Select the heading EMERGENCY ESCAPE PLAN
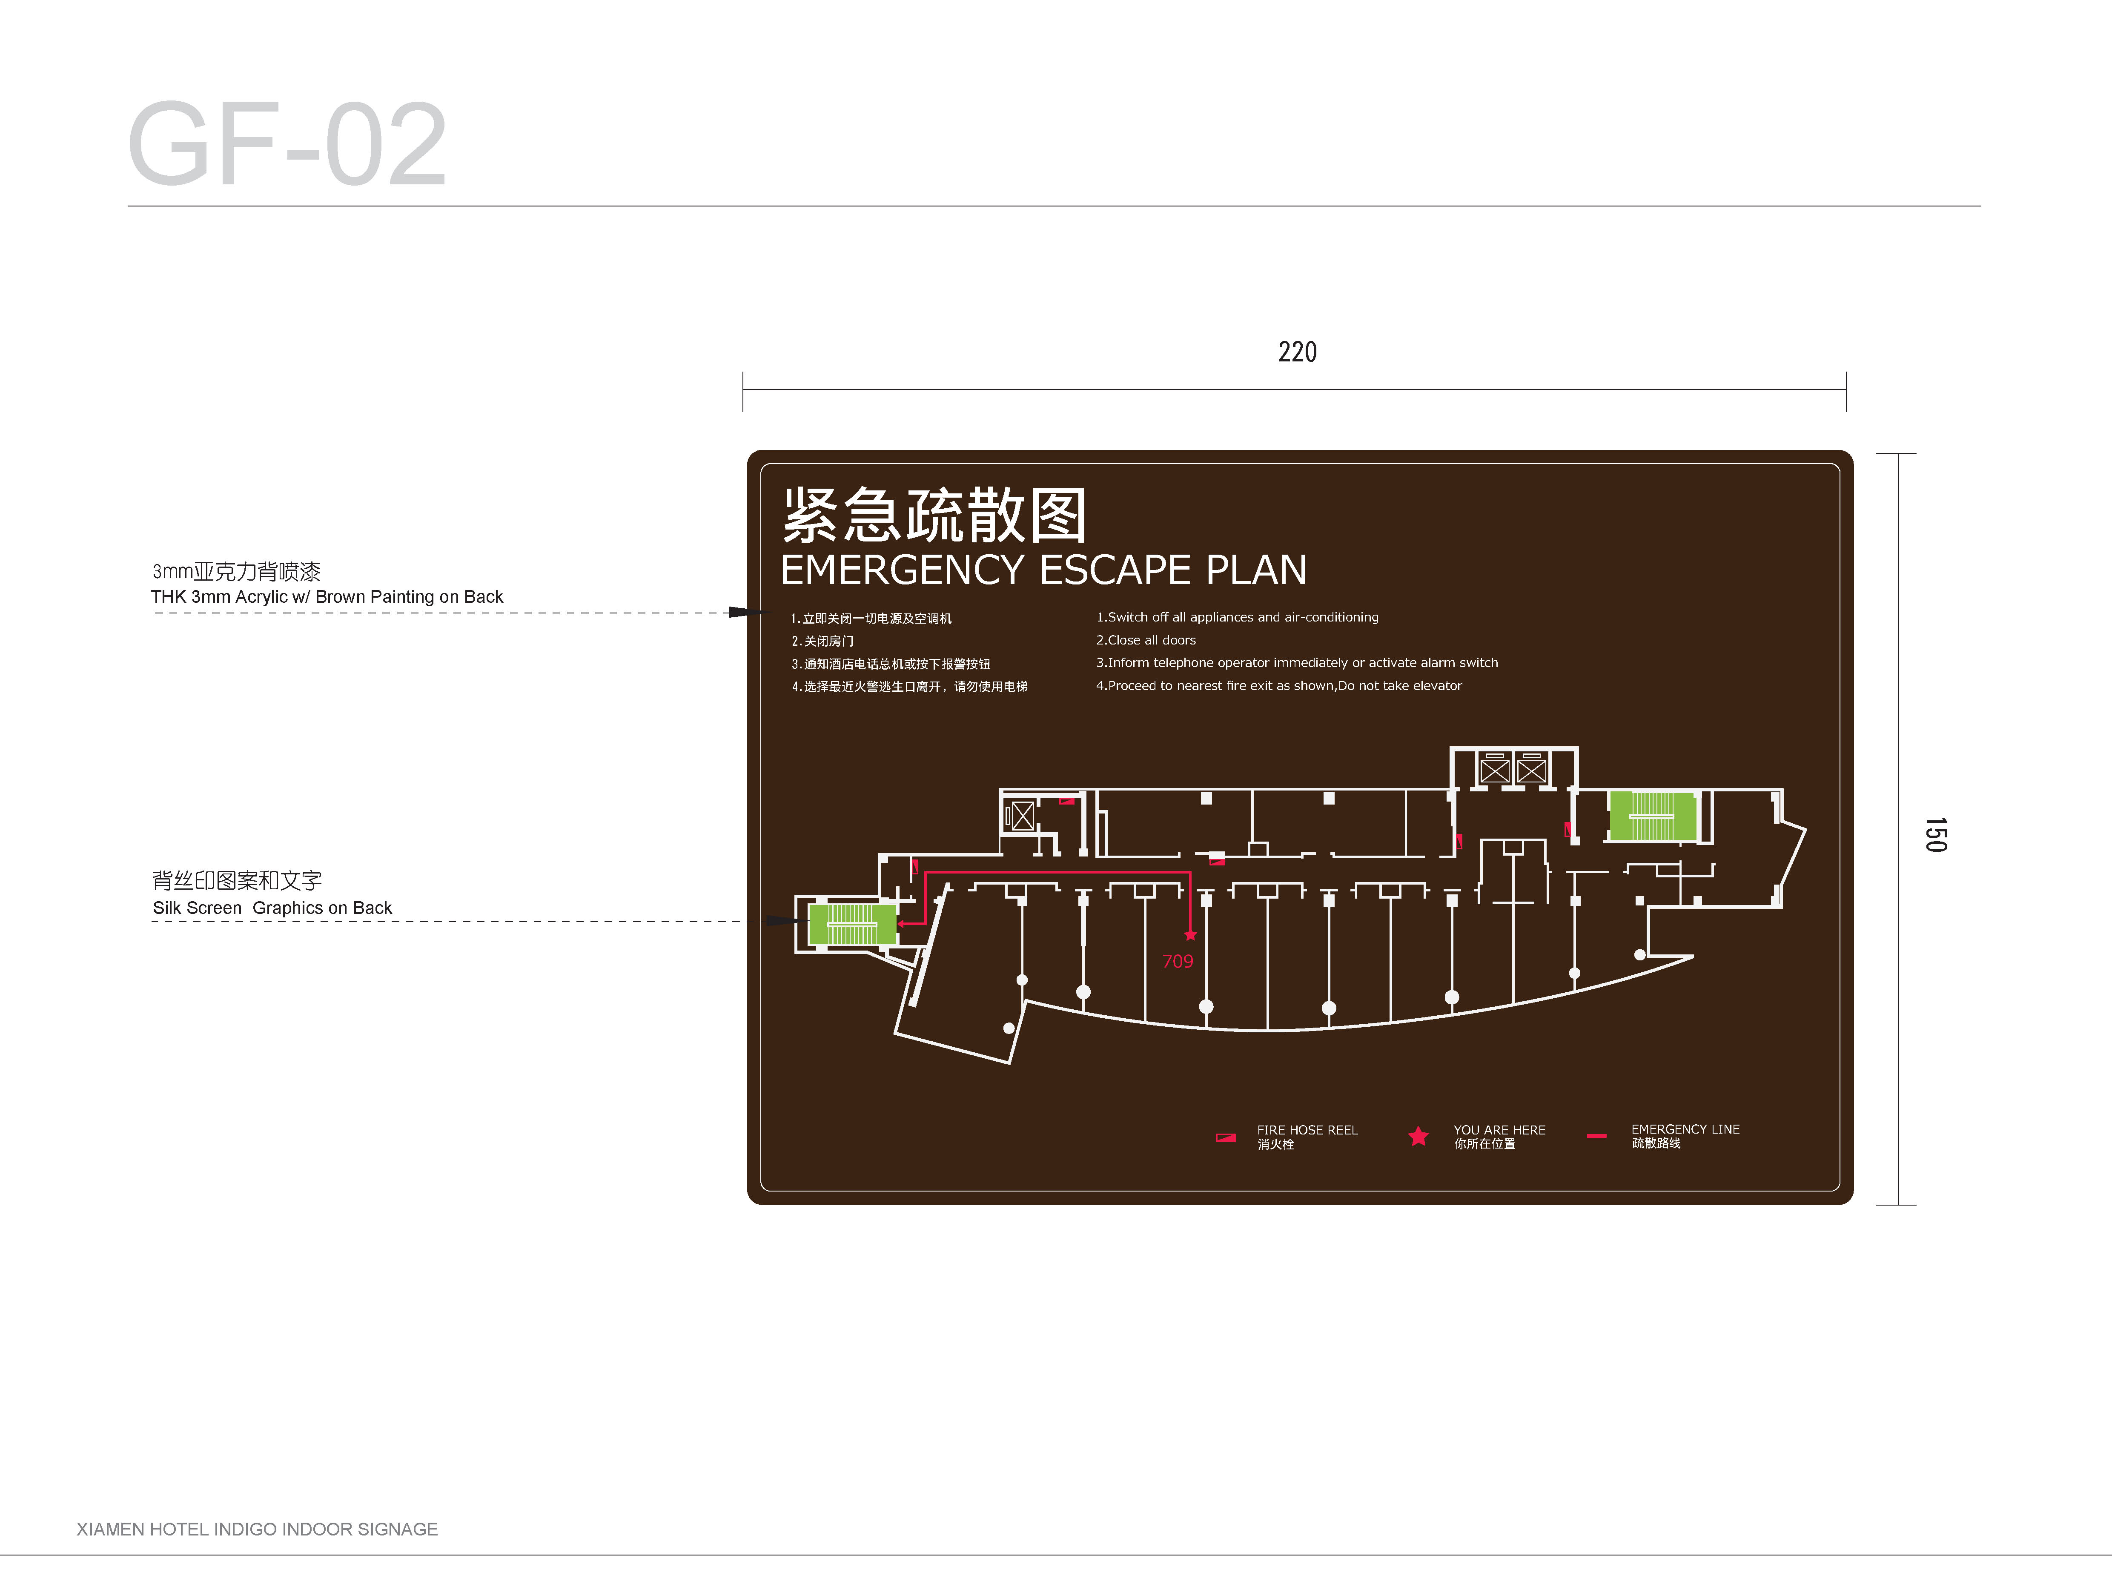(1043, 570)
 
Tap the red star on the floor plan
(1189, 935)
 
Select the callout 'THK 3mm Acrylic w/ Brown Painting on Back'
(327, 597)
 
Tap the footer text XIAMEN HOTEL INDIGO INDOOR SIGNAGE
(257, 1529)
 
